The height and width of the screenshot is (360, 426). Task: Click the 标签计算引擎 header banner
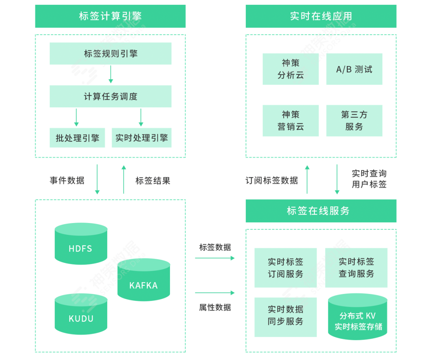pyautogui.click(x=110, y=16)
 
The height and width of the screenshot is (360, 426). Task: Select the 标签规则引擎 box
pyautogui.click(x=110, y=54)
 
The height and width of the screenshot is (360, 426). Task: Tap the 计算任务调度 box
pyautogui.click(x=110, y=96)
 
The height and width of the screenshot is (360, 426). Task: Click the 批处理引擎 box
pyautogui.click(x=77, y=138)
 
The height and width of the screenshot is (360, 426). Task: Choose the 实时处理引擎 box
pyautogui.click(x=141, y=138)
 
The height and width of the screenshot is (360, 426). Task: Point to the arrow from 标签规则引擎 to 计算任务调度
pyautogui.click(x=111, y=75)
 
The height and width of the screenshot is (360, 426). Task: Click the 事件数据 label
pyautogui.click(x=67, y=180)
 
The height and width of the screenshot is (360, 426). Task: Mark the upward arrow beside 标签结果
pyautogui.click(x=124, y=180)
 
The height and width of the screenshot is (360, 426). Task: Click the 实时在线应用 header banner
pyautogui.click(x=321, y=16)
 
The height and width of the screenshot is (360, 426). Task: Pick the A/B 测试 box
pyautogui.click(x=354, y=69)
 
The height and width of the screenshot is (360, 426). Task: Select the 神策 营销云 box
pyautogui.click(x=290, y=121)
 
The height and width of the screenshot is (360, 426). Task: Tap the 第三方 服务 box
pyautogui.click(x=354, y=121)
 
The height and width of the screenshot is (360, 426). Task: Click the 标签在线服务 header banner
pyautogui.click(x=321, y=211)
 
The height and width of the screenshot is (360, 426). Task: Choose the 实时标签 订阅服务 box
pyautogui.click(x=285, y=268)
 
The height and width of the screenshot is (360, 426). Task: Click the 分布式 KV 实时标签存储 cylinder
pyautogui.click(x=358, y=318)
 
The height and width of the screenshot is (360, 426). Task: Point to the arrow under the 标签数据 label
pyautogui.click(x=215, y=258)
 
